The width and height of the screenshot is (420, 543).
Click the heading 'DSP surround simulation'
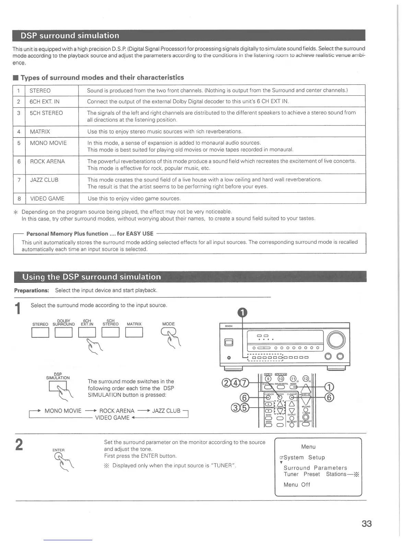[70, 36]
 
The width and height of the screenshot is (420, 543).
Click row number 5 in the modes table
[19, 143]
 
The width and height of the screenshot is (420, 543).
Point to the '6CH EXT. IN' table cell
[44, 101]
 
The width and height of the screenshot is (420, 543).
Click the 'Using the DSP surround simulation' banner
[92, 277]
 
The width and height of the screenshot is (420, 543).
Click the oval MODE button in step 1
[168, 331]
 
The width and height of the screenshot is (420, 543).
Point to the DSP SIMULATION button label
[58, 376]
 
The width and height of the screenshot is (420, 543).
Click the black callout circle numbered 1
[242, 312]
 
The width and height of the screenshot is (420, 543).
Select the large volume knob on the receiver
[336, 340]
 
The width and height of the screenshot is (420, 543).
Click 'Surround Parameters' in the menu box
[315, 468]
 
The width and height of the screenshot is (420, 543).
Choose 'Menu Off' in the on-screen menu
[297, 485]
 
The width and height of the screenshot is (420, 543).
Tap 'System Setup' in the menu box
[304, 457]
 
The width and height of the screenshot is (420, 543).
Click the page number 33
[366, 523]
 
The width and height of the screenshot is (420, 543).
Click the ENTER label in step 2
[58, 450]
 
